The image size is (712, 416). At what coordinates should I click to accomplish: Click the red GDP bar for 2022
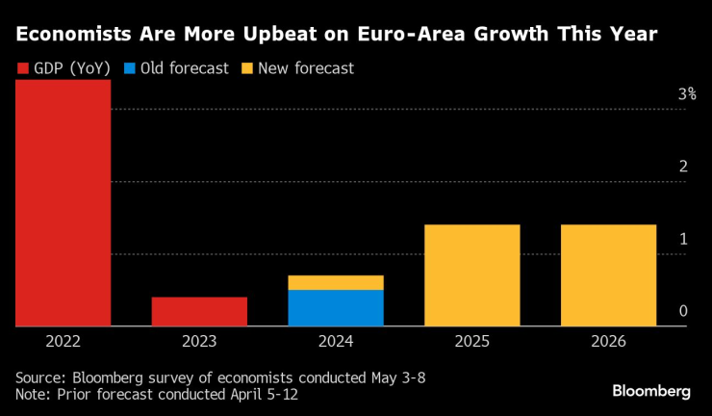[x=63, y=203]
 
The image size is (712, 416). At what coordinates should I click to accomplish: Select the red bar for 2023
[x=199, y=312]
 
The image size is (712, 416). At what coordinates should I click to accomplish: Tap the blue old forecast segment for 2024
[x=336, y=308]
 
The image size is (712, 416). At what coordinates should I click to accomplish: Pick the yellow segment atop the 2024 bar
[x=336, y=282]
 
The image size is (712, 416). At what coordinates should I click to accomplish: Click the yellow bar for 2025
[x=472, y=275]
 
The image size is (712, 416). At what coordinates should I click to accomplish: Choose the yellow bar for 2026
[x=608, y=275]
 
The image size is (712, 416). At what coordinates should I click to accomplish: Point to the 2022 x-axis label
[x=63, y=342]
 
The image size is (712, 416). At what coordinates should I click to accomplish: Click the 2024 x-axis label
[x=336, y=342]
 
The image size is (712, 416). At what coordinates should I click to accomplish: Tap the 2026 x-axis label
[x=608, y=342]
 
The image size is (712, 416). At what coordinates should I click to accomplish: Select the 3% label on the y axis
[x=686, y=94]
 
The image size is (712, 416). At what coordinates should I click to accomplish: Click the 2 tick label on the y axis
[x=683, y=167]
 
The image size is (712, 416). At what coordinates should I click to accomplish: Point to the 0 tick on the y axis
[x=683, y=311]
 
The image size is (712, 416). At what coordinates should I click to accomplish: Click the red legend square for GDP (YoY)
[x=23, y=69]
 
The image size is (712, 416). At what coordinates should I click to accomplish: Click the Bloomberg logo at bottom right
[x=651, y=391]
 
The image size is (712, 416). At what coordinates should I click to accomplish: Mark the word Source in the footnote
[x=39, y=377]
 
